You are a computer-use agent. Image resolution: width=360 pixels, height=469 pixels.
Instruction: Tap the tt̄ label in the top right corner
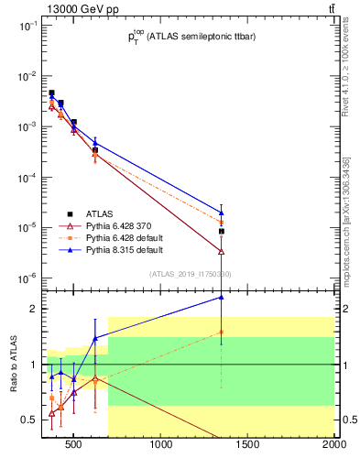(331, 8)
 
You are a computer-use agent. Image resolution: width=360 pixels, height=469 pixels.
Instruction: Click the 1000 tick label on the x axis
(162, 446)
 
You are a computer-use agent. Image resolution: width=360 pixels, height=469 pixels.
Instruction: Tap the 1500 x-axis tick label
(247, 446)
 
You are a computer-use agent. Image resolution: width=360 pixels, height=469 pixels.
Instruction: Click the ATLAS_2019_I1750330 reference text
(190, 274)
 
